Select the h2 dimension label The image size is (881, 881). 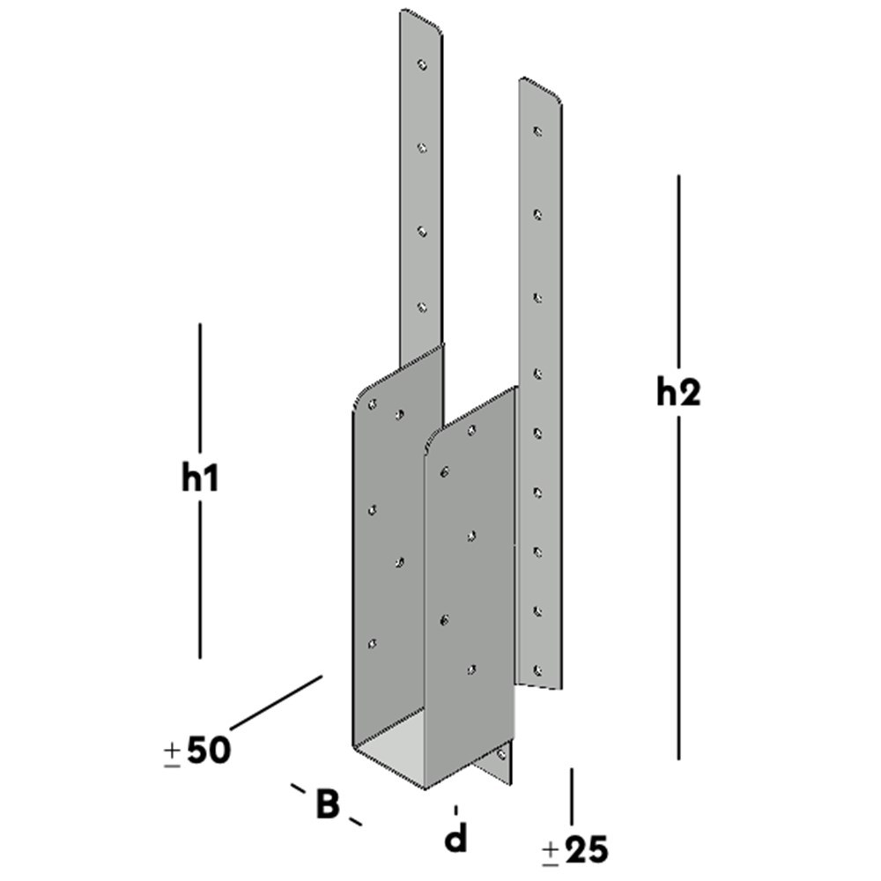677,393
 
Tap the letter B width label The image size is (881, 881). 327,803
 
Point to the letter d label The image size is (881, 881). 455,839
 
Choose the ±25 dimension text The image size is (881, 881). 574,850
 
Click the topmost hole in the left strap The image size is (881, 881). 422,64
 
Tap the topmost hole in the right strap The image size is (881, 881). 537,132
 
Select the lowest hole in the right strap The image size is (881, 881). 537,670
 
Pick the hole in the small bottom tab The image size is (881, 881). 502,756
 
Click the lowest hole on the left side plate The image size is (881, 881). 372,645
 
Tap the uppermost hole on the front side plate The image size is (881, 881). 471,430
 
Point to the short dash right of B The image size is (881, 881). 355,822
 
